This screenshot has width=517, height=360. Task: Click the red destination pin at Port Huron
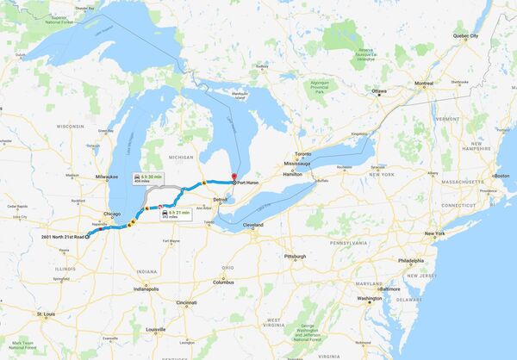[234, 178]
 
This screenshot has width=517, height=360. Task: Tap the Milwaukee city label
[107, 176]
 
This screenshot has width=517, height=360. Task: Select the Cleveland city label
[252, 225]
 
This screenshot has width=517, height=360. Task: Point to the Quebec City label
[466, 36]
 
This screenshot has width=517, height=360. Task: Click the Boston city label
[501, 176]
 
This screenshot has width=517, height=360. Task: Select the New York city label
[434, 233]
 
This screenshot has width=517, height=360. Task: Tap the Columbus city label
[224, 282]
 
